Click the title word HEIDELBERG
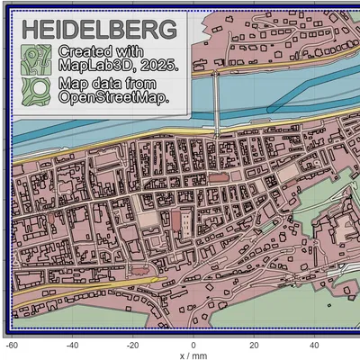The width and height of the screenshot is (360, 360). tap(85, 27)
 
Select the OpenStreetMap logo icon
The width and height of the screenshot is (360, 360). tap(36, 91)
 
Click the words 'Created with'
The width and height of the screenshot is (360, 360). tap(100, 51)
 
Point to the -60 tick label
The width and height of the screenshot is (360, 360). tap(13, 345)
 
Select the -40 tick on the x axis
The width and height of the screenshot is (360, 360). tap(73, 345)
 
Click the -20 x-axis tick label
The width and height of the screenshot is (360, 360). tap(133, 345)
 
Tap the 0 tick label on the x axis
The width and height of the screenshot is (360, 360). tap(193, 345)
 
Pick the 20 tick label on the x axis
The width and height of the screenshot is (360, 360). tap(254, 345)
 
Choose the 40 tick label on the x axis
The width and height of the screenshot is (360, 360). tap(314, 345)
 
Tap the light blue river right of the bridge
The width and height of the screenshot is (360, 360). tap(288, 90)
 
